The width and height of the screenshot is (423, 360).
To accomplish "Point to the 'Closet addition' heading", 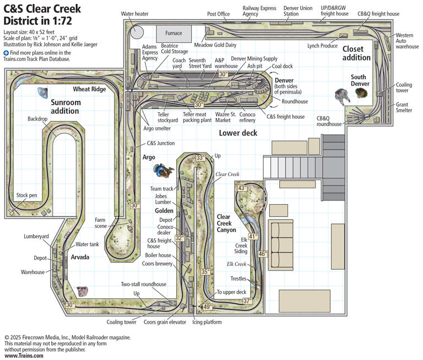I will (x=356, y=53).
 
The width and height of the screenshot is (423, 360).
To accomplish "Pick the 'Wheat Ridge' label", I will (x=89, y=89).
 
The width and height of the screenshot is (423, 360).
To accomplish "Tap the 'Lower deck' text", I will (x=237, y=133).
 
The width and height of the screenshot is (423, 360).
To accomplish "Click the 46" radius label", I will (x=263, y=254).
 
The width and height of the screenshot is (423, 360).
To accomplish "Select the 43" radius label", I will (x=242, y=188).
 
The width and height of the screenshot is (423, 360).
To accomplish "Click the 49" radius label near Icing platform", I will (x=207, y=307).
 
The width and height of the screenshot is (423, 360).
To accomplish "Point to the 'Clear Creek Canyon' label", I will (x=227, y=223).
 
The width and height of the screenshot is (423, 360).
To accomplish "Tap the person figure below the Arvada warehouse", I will (x=83, y=291).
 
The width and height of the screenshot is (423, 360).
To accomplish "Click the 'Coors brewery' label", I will (x=158, y=264).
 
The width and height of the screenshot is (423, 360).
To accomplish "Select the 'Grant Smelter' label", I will (x=403, y=107).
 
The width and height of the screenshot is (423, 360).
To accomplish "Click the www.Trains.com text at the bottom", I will (x=23, y=356).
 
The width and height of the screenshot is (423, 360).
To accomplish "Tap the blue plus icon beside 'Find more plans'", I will (x=6, y=53).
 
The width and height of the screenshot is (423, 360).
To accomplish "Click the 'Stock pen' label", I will (x=26, y=195).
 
